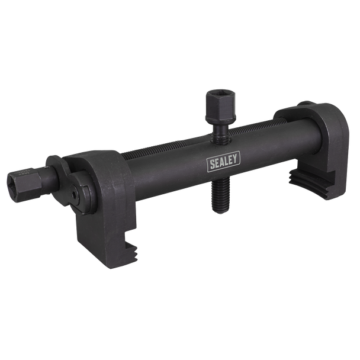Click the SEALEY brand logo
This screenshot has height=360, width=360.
pos(224,160)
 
